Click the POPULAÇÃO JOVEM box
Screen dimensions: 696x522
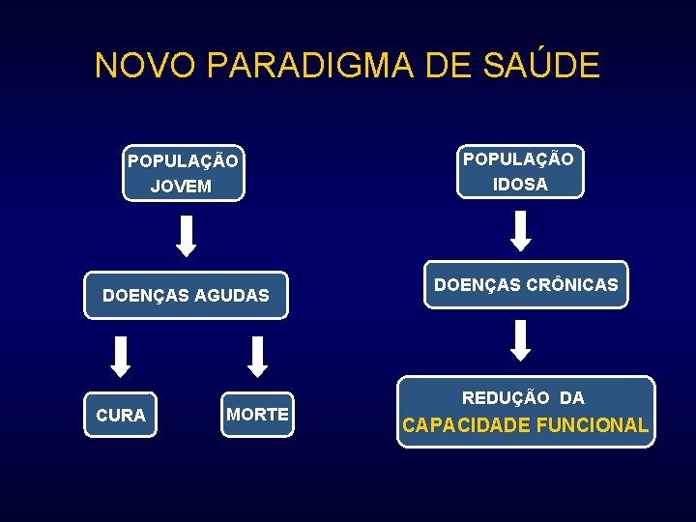184,173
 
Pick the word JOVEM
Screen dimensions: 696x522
182,186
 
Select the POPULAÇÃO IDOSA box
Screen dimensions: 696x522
519,171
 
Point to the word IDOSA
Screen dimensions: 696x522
520,184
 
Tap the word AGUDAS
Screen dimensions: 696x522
232,296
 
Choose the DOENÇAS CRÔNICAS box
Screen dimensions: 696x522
526,285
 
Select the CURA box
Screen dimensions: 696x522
121,415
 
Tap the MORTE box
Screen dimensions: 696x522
257,414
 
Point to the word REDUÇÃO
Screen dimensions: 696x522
507,397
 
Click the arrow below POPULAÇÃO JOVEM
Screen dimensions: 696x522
187,236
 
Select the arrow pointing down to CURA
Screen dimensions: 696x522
120,356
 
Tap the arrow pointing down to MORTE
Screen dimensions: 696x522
257,356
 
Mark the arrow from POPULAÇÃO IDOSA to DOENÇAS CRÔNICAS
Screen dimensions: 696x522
521,230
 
